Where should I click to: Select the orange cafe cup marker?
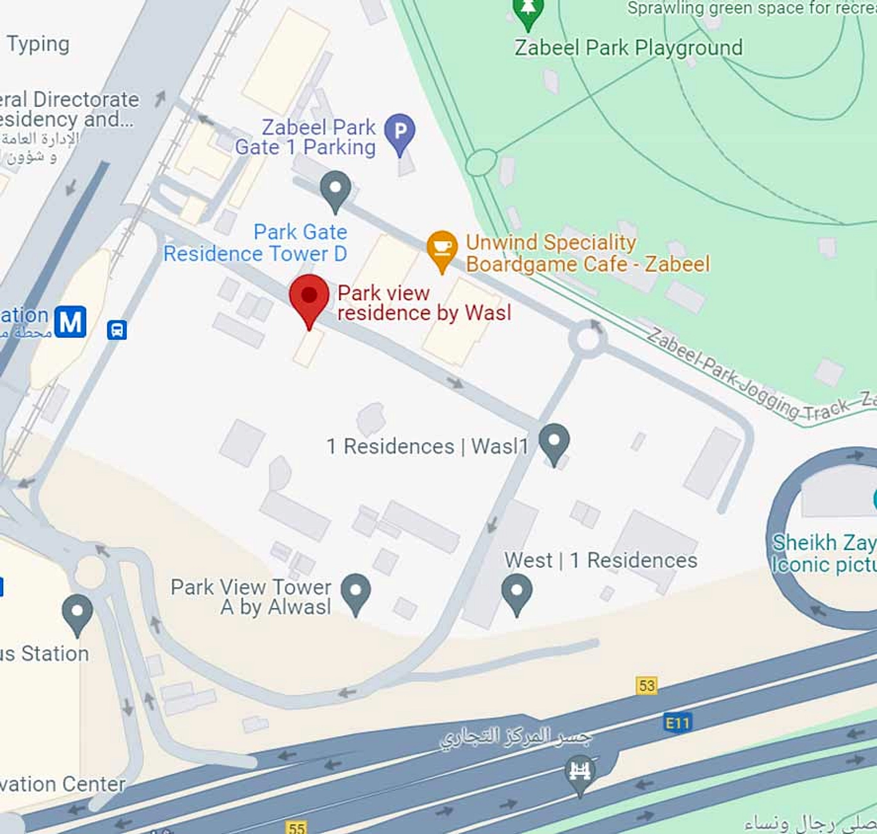click(442, 248)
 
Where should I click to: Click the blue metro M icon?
click(70, 322)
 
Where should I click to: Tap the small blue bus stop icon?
click(117, 329)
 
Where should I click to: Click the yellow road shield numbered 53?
click(646, 685)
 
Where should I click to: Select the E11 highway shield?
click(678, 723)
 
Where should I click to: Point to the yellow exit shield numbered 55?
click(296, 827)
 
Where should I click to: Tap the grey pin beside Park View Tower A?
click(355, 592)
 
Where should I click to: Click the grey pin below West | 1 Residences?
click(517, 592)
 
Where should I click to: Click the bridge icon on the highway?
click(579, 772)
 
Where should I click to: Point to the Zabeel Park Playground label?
click(628, 48)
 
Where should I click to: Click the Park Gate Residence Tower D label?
click(256, 243)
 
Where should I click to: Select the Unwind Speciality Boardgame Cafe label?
click(587, 253)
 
